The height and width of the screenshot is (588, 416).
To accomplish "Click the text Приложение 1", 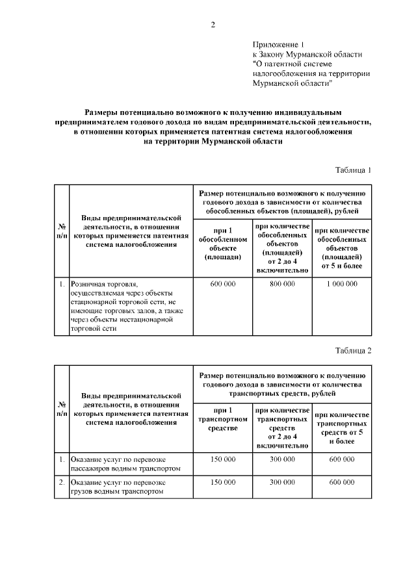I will [x=278, y=44].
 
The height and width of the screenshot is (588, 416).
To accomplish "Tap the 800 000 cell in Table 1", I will [x=282, y=284].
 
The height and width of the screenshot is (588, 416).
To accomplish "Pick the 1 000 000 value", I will [x=342, y=284].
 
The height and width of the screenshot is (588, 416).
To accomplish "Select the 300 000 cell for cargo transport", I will [x=282, y=483].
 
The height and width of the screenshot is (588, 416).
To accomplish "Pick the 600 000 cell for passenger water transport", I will [x=342, y=459].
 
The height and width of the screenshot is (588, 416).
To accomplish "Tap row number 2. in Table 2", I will [x=62, y=483].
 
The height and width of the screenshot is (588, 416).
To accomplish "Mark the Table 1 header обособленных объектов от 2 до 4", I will [x=282, y=247].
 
